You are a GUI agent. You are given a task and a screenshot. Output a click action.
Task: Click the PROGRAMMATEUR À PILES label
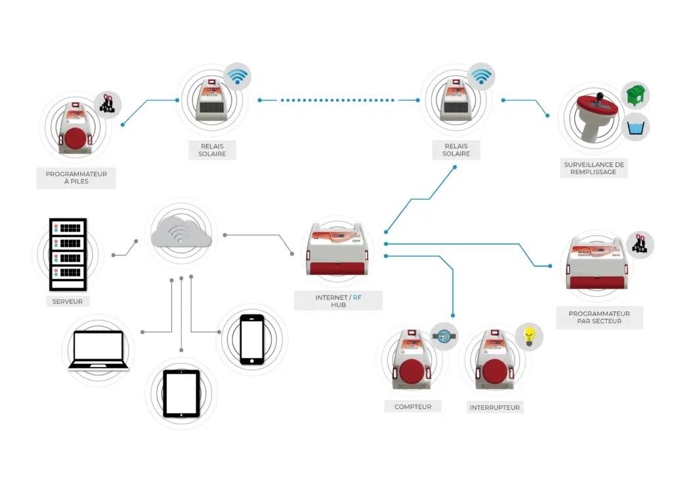coord(75,178)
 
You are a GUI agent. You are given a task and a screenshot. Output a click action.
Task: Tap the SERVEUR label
coord(68,302)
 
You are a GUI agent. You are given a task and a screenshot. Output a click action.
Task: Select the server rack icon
coord(68,254)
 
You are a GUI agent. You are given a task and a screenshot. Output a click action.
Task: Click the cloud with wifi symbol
coord(180,234)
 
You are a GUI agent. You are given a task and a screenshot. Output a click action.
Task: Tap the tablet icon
coord(181,393)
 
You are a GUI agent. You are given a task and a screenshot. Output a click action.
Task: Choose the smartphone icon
coord(251,339)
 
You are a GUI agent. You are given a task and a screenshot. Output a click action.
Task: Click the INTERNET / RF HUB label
coord(339,301)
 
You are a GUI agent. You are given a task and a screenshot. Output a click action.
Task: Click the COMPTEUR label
coord(413,406)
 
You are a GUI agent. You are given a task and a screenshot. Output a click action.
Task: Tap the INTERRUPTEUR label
coord(495,408)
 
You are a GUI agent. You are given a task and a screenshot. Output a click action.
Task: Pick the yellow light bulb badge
coord(529,336)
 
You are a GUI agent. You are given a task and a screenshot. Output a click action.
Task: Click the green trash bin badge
coord(635,97)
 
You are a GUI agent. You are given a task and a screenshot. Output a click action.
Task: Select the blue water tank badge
coord(635,126)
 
